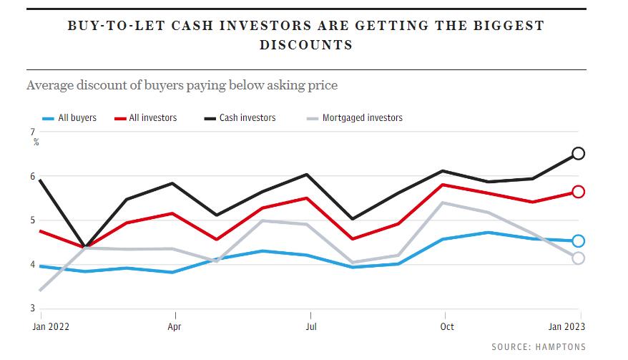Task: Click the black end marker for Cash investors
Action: [579, 153]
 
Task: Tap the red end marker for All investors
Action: [579, 192]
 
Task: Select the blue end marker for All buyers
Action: [579, 241]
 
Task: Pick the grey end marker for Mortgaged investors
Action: [579, 258]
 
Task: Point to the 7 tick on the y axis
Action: [32, 132]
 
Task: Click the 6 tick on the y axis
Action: [32, 176]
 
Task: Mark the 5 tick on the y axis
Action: [32, 220]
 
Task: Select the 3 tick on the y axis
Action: [32, 308]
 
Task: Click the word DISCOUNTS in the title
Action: [305, 44]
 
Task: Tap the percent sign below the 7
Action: [35, 142]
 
